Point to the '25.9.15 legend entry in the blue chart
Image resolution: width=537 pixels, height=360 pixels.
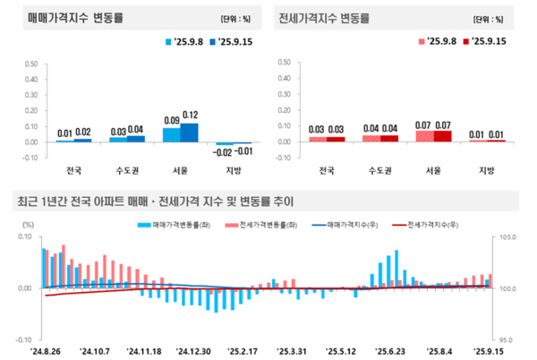tap(227, 41)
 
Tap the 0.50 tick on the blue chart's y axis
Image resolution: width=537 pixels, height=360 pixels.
tap(30, 64)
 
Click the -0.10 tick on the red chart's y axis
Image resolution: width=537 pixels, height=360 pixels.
tap(286, 158)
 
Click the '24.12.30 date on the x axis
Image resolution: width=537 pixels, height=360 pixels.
tap(192, 352)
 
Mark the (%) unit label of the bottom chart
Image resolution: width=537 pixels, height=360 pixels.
tap(29, 225)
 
